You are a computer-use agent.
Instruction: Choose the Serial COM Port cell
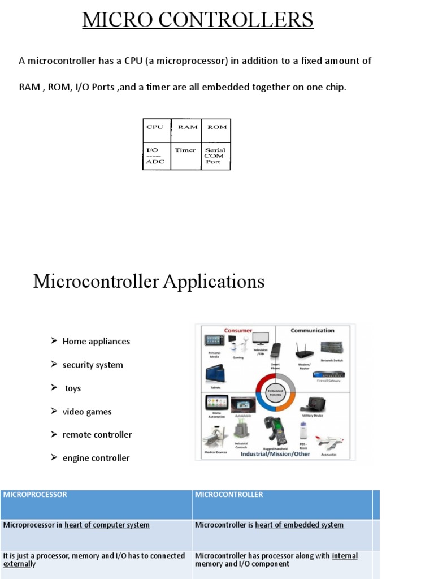pyautogui.click(x=215, y=156)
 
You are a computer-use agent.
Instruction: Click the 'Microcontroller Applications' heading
pyautogui.click(x=149, y=281)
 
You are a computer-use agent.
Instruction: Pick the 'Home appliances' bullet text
pyautogui.click(x=96, y=342)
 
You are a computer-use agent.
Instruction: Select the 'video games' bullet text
pyautogui.click(x=87, y=412)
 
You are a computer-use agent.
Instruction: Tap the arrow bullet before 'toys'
pyautogui.click(x=54, y=388)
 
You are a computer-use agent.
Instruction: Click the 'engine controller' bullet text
pyautogui.click(x=96, y=458)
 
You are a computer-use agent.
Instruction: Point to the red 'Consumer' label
pyautogui.click(x=238, y=330)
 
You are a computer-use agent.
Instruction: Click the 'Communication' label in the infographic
pyautogui.click(x=312, y=330)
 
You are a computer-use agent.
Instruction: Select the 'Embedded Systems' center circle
pyautogui.click(x=275, y=392)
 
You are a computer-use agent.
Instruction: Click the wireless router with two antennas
pyautogui.click(x=305, y=351)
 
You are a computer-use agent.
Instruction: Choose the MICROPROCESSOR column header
pyautogui.click(x=35, y=495)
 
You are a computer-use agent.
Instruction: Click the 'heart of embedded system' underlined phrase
pyautogui.click(x=299, y=525)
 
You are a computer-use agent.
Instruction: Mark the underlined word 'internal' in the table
pyautogui.click(x=345, y=556)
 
